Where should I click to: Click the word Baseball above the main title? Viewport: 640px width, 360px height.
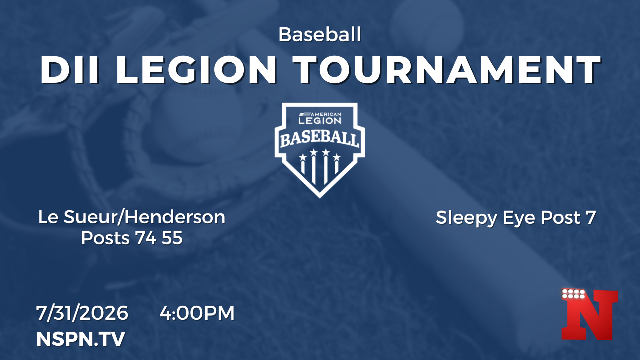click(320, 35)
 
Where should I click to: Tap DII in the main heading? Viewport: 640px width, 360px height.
click(70, 70)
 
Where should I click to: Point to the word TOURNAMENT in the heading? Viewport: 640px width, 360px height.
click(446, 70)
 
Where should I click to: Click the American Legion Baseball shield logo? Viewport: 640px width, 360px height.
click(320, 150)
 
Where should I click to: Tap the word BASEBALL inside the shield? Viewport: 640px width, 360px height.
click(320, 139)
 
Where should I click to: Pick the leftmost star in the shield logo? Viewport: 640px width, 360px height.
click(303, 157)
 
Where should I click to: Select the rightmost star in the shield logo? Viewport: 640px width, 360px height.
click(337, 157)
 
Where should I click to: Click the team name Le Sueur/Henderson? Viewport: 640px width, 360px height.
click(132, 217)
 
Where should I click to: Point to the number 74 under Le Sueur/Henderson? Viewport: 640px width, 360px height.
click(145, 238)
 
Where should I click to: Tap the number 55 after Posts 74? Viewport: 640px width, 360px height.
click(172, 238)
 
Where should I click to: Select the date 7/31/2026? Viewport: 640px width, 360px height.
click(82, 313)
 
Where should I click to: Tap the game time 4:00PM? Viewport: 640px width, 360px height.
click(197, 313)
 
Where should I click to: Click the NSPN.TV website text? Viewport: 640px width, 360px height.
click(81, 339)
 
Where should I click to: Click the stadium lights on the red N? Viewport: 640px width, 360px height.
click(573, 294)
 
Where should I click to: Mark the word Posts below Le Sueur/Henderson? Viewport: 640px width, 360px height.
click(105, 238)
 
